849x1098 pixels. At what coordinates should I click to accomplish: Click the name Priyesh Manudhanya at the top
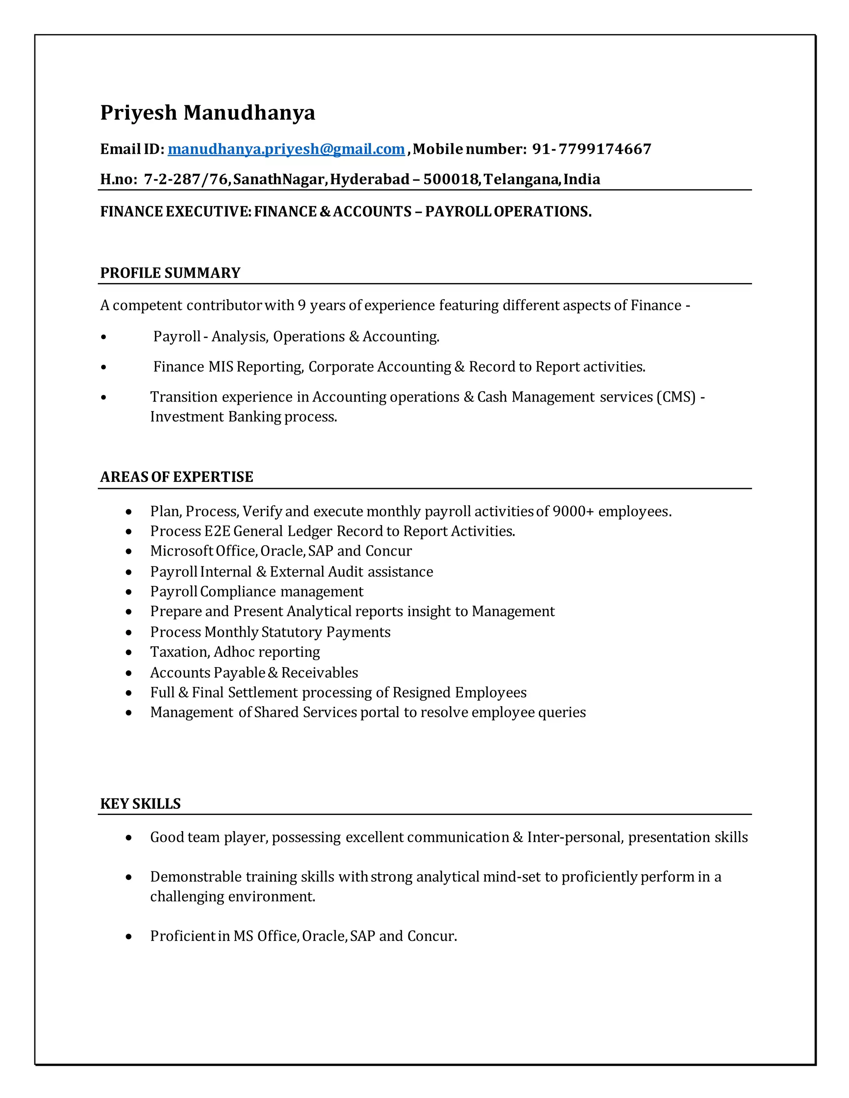207,113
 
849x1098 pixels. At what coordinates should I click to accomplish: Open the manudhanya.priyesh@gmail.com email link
286,149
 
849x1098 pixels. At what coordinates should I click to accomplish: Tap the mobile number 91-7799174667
592,149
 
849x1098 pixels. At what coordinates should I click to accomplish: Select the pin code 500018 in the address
451,179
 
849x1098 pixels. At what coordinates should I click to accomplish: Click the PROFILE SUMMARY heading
170,273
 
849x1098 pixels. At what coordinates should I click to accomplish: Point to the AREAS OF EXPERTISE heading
177,477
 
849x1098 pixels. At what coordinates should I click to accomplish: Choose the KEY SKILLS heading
141,804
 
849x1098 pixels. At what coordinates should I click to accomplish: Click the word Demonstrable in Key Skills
196,877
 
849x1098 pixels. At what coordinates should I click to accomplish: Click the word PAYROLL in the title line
458,212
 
